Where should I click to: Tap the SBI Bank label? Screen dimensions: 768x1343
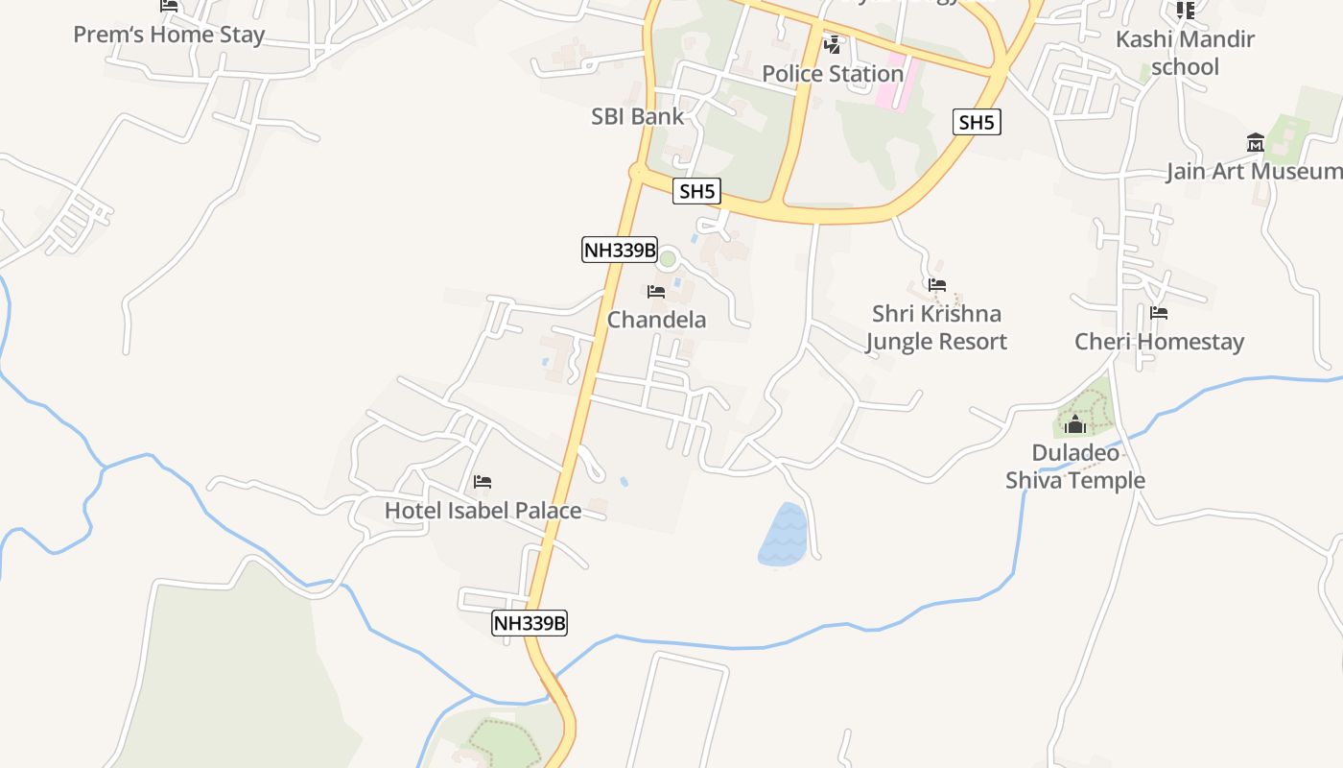point(637,116)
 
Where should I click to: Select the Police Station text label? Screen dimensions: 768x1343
point(833,74)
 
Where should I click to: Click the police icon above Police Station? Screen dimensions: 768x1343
point(833,44)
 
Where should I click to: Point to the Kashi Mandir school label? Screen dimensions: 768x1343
point(1185,53)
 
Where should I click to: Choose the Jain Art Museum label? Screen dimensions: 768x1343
point(1253,172)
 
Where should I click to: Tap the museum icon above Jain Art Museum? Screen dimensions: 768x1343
point(1255,143)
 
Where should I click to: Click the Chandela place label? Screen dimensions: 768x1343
point(656,320)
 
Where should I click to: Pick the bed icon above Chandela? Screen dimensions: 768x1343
point(656,291)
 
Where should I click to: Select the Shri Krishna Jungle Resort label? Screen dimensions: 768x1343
point(936,327)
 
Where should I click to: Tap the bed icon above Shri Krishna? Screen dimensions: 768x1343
point(937,285)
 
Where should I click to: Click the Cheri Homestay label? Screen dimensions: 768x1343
point(1159,342)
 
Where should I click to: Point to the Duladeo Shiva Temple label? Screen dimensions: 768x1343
point(1074,467)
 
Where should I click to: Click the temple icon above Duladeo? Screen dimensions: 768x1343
point(1075,425)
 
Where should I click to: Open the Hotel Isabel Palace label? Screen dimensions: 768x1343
point(483,511)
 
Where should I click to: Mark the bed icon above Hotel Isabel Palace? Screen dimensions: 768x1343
point(483,481)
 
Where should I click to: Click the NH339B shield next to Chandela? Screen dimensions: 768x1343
point(620,251)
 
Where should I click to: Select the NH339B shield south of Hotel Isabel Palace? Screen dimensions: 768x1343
point(530,623)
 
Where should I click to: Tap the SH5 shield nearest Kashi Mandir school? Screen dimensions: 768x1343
point(977,122)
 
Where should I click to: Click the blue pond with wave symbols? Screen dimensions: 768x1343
point(784,535)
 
